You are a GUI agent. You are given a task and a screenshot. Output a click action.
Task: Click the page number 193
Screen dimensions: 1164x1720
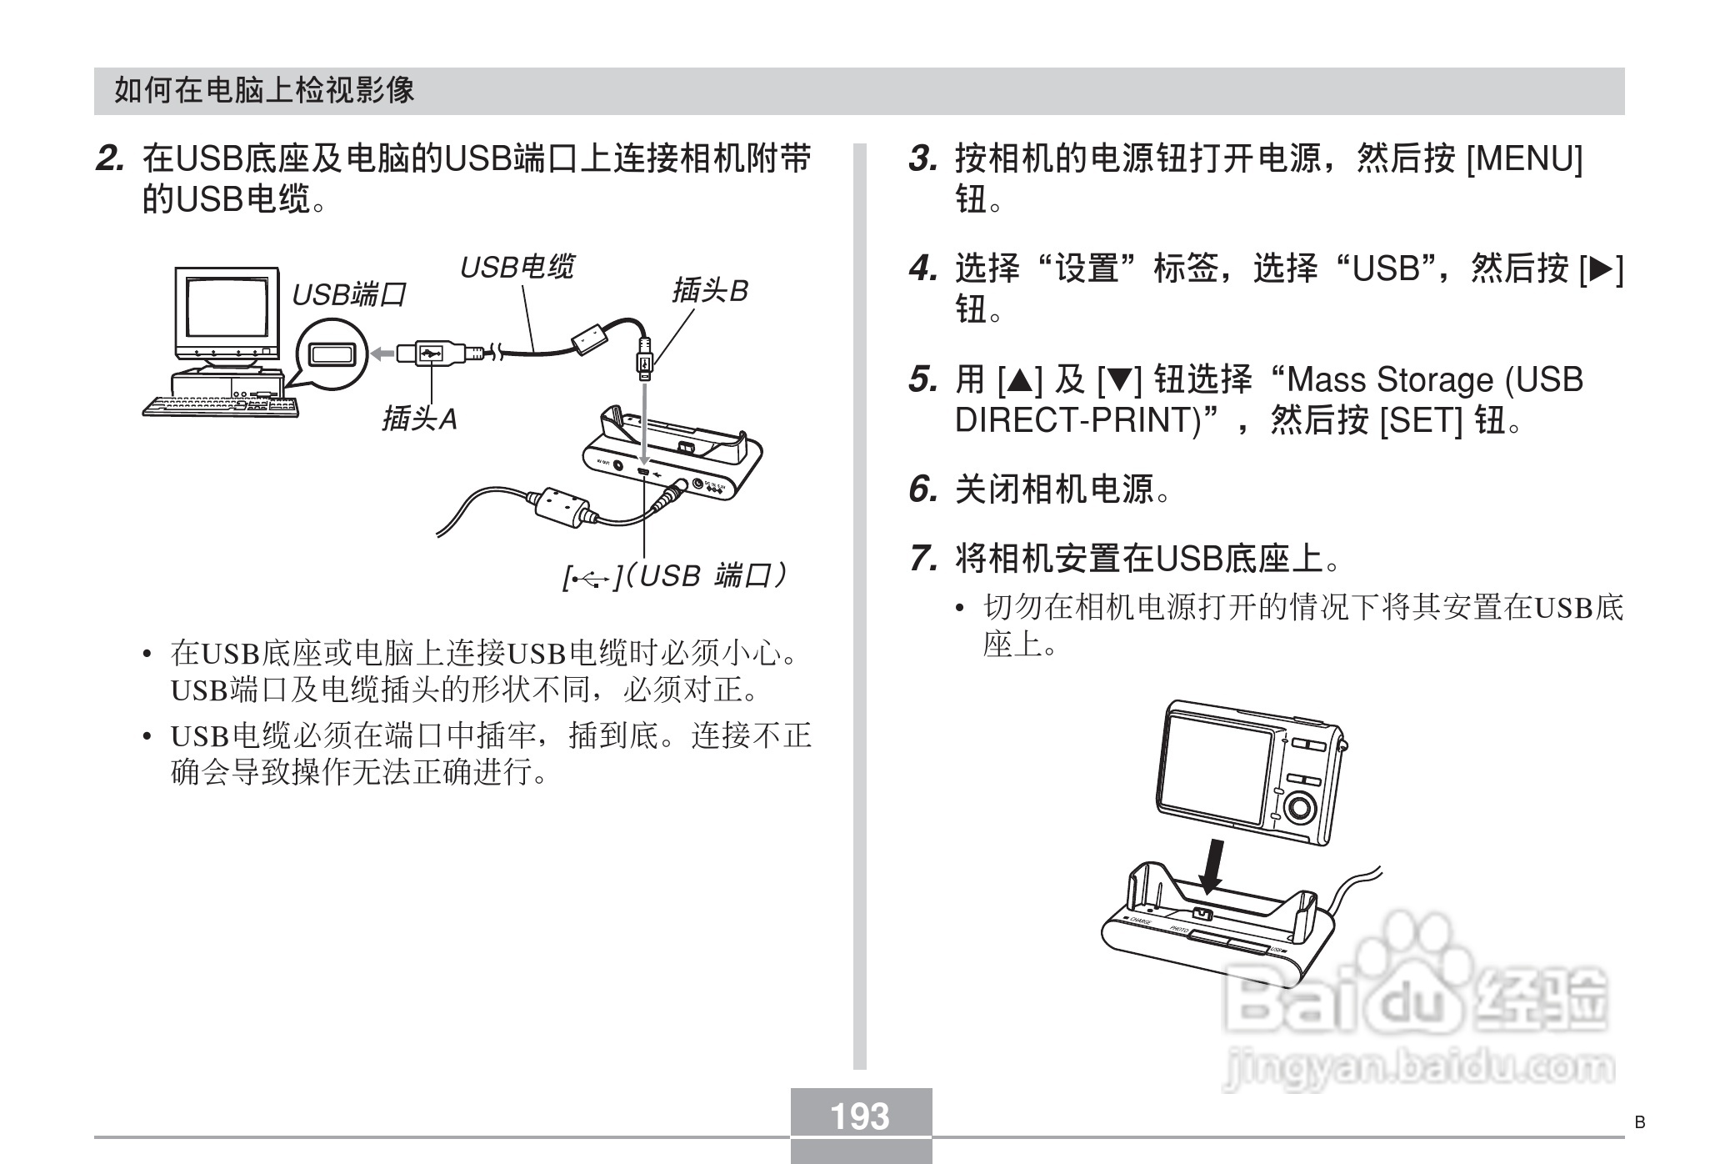coord(860,1116)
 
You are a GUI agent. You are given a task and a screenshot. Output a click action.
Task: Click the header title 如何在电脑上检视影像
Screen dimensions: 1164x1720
coord(264,90)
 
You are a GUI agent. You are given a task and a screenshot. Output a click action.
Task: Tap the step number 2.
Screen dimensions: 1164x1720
coord(110,158)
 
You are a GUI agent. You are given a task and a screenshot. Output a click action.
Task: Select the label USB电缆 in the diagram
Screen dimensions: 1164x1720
coord(517,268)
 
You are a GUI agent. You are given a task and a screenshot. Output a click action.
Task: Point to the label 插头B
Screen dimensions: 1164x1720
coord(710,291)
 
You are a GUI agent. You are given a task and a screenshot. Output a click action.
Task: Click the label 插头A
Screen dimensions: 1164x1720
coord(419,419)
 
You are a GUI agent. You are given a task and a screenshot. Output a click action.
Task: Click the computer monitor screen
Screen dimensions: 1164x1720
coord(226,309)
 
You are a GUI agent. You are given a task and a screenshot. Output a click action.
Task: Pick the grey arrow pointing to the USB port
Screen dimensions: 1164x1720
coord(382,354)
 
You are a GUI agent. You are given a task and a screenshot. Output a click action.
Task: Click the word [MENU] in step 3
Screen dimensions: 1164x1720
coord(1523,158)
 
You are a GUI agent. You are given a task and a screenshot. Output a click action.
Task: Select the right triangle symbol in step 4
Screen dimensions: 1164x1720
coord(1601,268)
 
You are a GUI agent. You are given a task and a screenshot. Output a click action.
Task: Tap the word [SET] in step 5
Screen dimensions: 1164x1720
coord(1421,420)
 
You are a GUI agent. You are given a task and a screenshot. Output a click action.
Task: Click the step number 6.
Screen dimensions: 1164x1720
coord(922,489)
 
